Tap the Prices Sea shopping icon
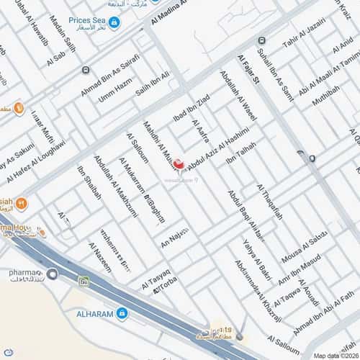(x=114, y=23)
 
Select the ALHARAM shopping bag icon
(x=122, y=313)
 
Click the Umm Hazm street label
(x=115, y=92)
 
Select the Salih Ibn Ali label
(x=153, y=86)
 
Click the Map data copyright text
(x=334, y=356)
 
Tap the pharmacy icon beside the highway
(x=53, y=274)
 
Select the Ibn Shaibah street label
(x=89, y=186)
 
